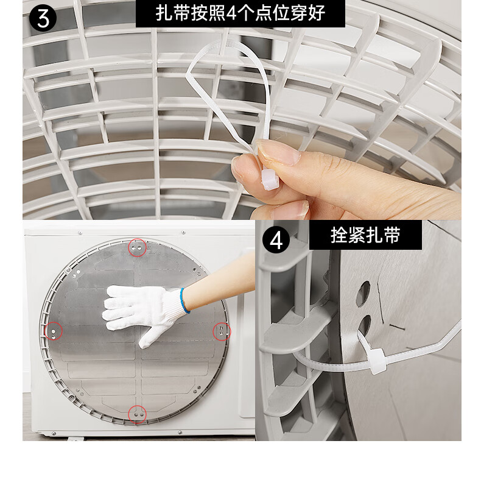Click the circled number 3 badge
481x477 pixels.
pos(43,18)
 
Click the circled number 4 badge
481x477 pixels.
pos(276,241)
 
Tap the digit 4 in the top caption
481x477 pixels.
pos(230,13)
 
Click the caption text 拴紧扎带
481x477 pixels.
pos(365,235)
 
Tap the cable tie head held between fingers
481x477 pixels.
pos(270,179)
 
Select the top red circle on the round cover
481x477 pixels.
pos(137,247)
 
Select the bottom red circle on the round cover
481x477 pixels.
pos(137,414)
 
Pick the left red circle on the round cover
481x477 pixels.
pos(54,331)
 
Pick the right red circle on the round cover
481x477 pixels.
pos(222,331)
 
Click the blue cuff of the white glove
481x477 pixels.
pos(184,300)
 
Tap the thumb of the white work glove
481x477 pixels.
pos(148,337)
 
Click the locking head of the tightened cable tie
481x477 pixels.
pos(377,362)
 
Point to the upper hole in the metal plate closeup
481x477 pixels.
pos(363,294)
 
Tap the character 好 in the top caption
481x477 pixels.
pos(317,13)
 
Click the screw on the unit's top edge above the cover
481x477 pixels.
pos(183,232)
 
